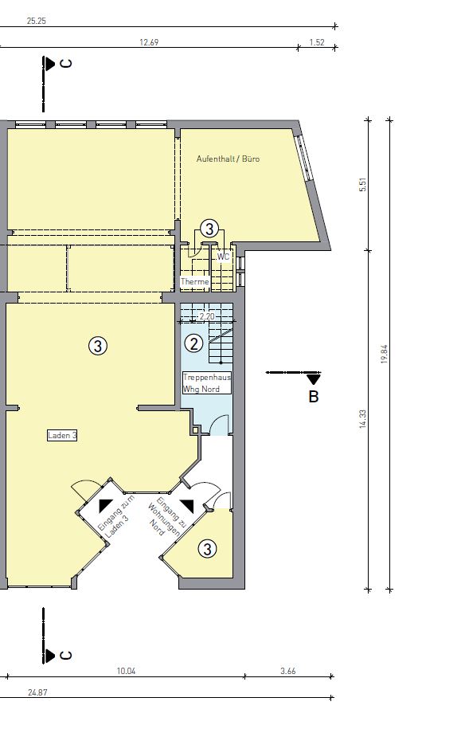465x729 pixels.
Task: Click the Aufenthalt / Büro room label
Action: (228, 159)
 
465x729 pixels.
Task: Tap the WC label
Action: (224, 257)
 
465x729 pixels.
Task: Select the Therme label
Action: (194, 282)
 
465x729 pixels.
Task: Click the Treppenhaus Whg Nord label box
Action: (207, 383)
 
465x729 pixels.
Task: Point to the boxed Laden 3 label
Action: (62, 436)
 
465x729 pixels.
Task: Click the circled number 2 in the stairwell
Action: (193, 343)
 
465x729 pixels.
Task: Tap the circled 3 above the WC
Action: (209, 229)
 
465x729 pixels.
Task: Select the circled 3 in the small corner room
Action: (207, 549)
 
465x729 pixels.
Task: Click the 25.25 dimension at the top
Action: (37, 21)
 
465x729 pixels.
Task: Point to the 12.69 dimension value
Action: (149, 42)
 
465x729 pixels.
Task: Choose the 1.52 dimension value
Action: (317, 42)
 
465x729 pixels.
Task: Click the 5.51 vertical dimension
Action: (363, 185)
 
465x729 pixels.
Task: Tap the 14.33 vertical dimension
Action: (363, 419)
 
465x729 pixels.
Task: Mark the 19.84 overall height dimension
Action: (384, 354)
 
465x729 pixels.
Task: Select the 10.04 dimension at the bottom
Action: (126, 671)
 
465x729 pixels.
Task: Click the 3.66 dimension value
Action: (288, 671)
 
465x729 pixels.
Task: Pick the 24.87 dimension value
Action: (37, 692)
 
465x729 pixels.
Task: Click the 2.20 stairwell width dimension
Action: (207, 316)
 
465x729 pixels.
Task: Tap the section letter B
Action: (314, 397)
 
